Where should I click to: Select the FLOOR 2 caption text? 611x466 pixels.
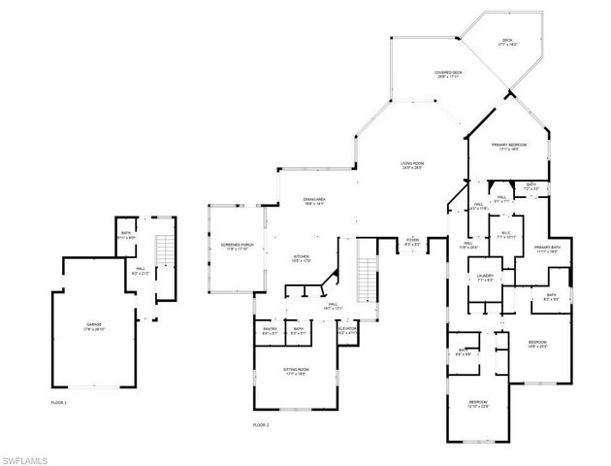(x=260, y=424)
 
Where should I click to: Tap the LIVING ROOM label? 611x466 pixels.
(x=419, y=165)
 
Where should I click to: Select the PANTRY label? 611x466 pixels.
(x=271, y=330)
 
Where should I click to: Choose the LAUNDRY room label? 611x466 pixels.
(x=486, y=279)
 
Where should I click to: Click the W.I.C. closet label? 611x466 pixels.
(x=504, y=234)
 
